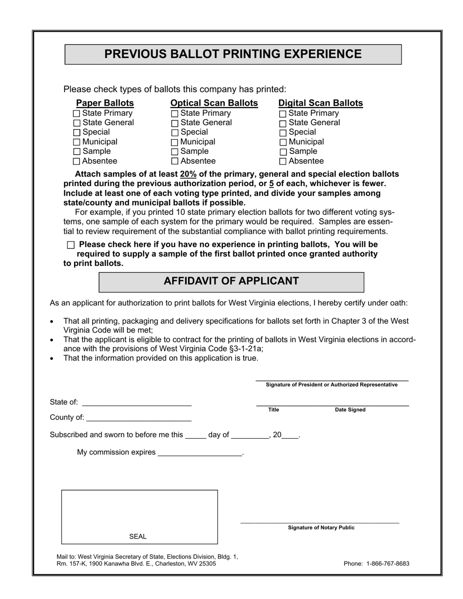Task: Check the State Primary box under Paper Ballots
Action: tap(77, 113)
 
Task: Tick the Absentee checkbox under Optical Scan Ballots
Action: tap(174, 161)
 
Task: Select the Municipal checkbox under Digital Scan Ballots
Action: tap(283, 142)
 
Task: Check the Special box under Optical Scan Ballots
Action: tap(174, 132)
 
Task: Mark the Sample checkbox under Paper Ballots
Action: tap(77, 151)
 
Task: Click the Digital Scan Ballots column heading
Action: tap(320, 103)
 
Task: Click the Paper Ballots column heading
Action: tap(105, 103)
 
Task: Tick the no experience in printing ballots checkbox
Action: tap(71, 245)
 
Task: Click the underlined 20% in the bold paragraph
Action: tap(188, 174)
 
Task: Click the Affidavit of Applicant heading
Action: tap(231, 281)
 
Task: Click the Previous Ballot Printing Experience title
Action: tap(233, 54)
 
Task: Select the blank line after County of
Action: tap(138, 418)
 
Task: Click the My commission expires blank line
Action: tap(200, 453)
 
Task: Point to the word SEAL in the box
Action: tap(137, 536)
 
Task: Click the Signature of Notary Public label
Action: tap(321, 527)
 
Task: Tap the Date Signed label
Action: tap(350, 410)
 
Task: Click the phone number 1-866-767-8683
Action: tap(387, 563)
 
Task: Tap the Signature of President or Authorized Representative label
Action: tap(331, 385)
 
